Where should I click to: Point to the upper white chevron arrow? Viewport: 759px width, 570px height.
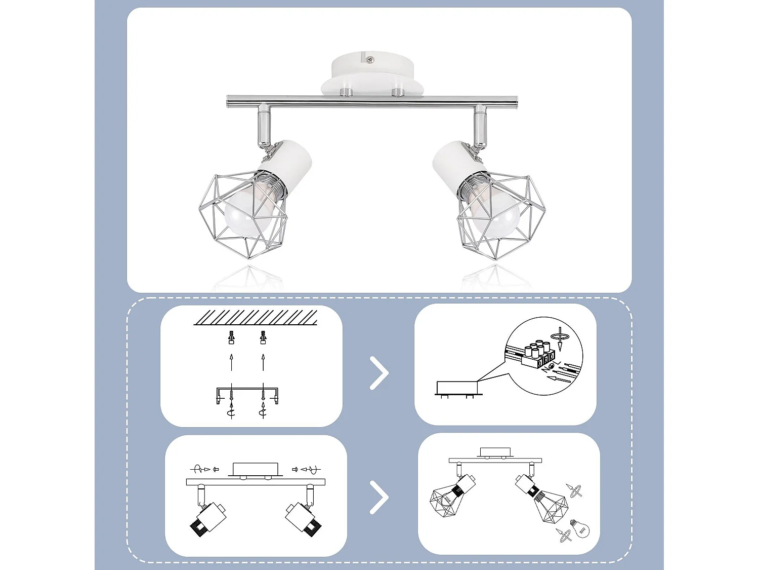(x=379, y=373)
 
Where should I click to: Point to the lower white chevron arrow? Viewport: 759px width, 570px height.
(x=379, y=497)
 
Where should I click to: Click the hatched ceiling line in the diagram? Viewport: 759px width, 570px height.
(x=256, y=318)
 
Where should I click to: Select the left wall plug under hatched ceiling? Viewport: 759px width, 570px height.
(x=232, y=337)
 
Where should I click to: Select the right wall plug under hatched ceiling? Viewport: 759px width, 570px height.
(x=263, y=337)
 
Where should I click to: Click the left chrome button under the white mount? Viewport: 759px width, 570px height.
(x=346, y=92)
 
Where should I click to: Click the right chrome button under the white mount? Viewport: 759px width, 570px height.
(x=398, y=92)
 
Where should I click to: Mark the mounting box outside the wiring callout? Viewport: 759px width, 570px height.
(x=457, y=388)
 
